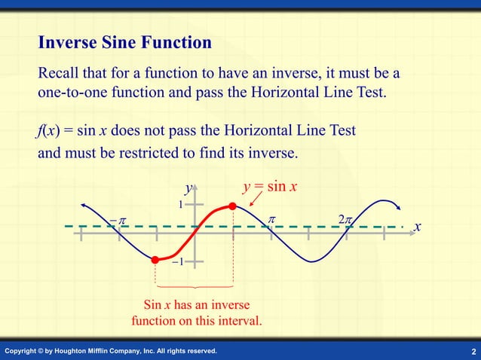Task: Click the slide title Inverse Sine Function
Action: (124, 43)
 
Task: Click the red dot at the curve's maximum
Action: (232, 206)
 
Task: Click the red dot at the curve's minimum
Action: (155, 260)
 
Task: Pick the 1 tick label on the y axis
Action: (181, 204)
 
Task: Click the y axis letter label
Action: (188, 188)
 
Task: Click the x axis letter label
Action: (418, 227)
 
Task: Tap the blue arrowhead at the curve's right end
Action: (399, 209)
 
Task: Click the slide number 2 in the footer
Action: (473, 352)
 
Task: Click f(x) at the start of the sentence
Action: (49, 131)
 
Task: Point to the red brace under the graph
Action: (194, 288)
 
